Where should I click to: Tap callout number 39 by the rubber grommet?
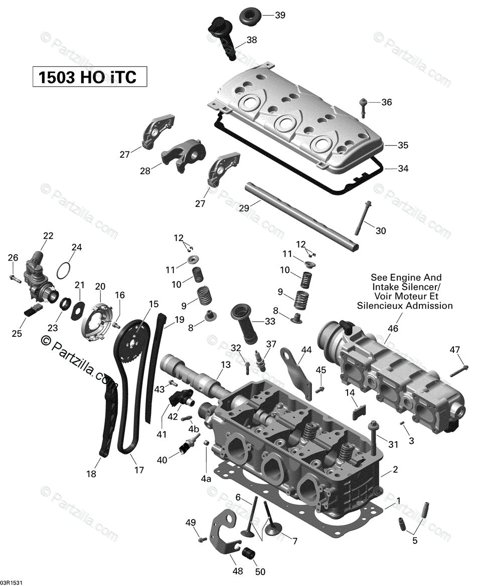280,15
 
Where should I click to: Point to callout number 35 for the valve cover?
403,145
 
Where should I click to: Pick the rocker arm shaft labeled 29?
301,216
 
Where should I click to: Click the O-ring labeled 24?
63,271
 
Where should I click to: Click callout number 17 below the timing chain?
139,470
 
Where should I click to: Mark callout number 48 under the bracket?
238,570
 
